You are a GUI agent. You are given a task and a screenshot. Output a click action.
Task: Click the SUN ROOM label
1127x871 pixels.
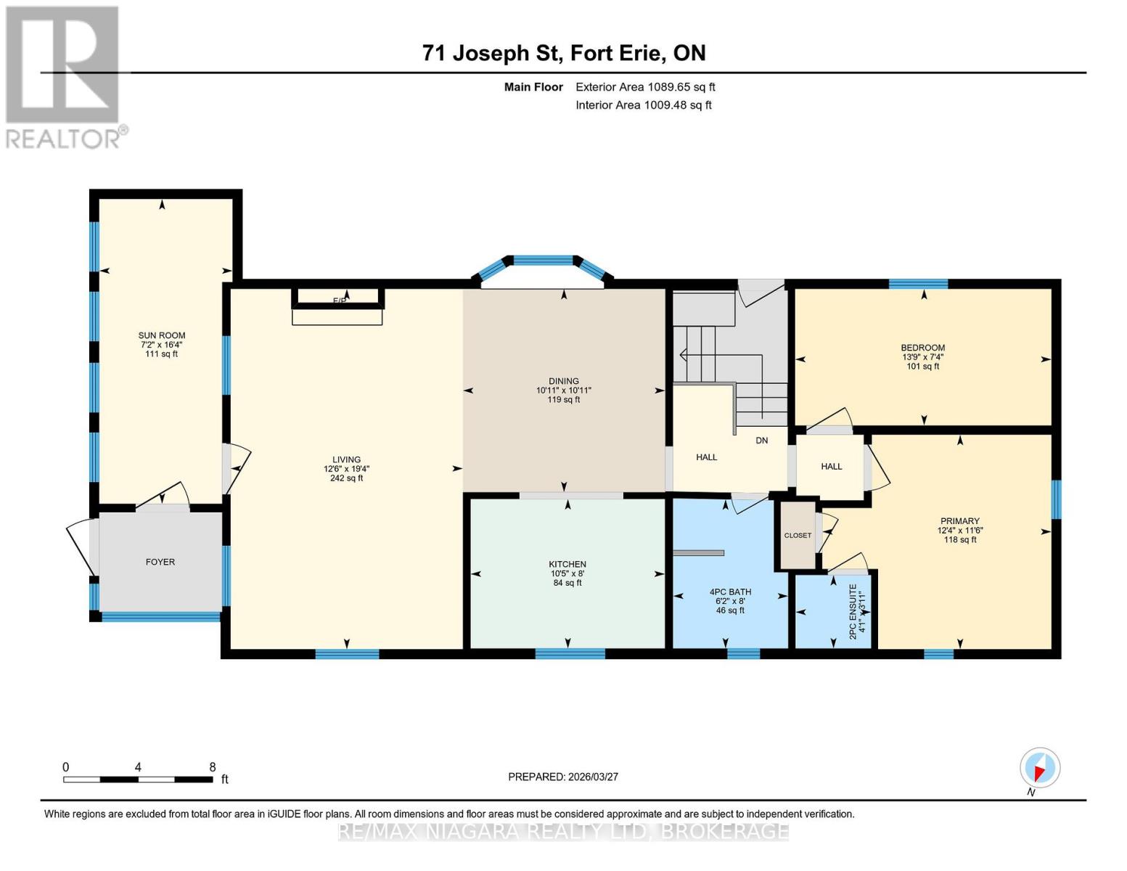pyautogui.click(x=162, y=335)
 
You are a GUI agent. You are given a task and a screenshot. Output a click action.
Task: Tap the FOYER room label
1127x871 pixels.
pyautogui.click(x=160, y=562)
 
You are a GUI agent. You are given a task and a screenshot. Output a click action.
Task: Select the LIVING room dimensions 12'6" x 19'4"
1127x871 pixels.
pyautogui.click(x=346, y=469)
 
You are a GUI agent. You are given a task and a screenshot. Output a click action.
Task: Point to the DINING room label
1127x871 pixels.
pyautogui.click(x=563, y=381)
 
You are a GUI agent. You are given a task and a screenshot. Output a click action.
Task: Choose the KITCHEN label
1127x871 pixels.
pyautogui.click(x=567, y=564)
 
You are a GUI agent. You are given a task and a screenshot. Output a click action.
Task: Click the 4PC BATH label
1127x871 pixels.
pyautogui.click(x=730, y=592)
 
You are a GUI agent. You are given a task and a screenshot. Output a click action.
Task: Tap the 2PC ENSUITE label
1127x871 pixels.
pyautogui.click(x=853, y=611)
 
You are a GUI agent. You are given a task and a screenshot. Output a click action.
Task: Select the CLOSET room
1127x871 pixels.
pyautogui.click(x=798, y=536)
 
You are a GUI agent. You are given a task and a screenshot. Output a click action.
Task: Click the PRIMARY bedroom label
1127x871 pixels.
pyautogui.click(x=959, y=521)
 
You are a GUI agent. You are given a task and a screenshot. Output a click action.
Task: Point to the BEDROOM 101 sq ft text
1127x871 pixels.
pyautogui.click(x=922, y=367)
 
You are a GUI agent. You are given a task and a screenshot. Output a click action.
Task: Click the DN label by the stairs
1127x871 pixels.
pyautogui.click(x=761, y=441)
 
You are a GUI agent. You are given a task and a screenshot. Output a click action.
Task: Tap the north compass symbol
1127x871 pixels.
pyautogui.click(x=1040, y=768)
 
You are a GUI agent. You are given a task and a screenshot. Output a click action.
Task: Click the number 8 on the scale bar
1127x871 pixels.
pyautogui.click(x=213, y=767)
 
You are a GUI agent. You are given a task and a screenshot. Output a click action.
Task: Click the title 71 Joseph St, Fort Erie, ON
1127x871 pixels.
pyautogui.click(x=564, y=53)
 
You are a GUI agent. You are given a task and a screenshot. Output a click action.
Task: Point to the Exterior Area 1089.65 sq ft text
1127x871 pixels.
pyautogui.click(x=645, y=87)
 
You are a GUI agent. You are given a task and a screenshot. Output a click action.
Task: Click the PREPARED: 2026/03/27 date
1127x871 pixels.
pyautogui.click(x=563, y=777)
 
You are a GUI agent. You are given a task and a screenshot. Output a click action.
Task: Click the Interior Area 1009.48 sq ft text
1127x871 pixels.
pyautogui.click(x=644, y=105)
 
